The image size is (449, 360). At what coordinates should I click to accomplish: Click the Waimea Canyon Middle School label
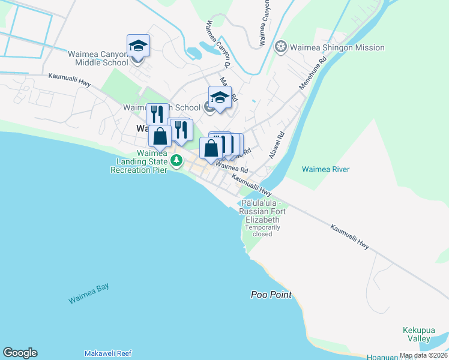[x=102, y=58]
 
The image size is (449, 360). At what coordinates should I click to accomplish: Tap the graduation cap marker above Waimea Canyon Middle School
[x=138, y=46]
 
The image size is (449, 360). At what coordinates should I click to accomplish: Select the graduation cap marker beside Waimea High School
[x=220, y=98]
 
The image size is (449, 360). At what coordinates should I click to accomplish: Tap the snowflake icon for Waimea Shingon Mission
[x=280, y=47]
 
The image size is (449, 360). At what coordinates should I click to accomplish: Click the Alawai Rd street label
[x=277, y=145]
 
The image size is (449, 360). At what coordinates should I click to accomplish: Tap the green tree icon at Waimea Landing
[x=176, y=160]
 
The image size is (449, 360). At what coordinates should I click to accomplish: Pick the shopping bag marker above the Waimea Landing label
[x=160, y=137]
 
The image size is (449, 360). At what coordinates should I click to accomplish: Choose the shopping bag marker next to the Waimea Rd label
[x=211, y=148]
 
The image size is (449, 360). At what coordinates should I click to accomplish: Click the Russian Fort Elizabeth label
[x=262, y=212]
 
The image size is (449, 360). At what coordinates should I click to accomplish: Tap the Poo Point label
[x=271, y=295]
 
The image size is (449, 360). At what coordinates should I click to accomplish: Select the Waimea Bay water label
[x=88, y=295]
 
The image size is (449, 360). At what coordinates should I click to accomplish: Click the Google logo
[x=20, y=353]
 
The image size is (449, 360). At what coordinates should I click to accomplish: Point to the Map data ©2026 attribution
[x=423, y=355]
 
